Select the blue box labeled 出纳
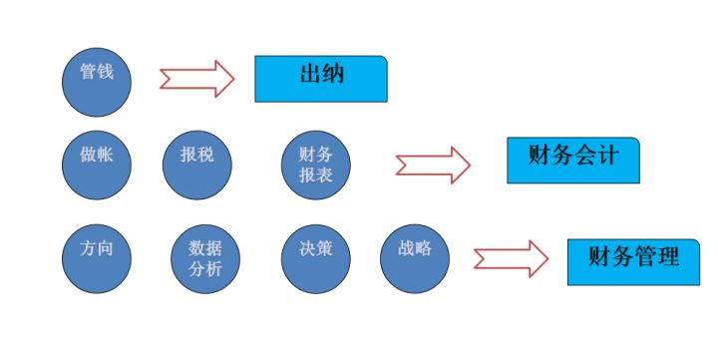[x=320, y=79]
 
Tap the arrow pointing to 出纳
[x=196, y=79]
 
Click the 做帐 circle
[x=97, y=164]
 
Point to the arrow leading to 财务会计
[x=432, y=165]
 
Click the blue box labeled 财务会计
[x=572, y=160]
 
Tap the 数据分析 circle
[x=204, y=258]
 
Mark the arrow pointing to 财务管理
[x=511, y=258]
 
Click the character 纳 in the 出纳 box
[x=333, y=74]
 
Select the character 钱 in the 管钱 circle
[x=106, y=73]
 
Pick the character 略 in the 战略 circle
[x=424, y=248]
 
